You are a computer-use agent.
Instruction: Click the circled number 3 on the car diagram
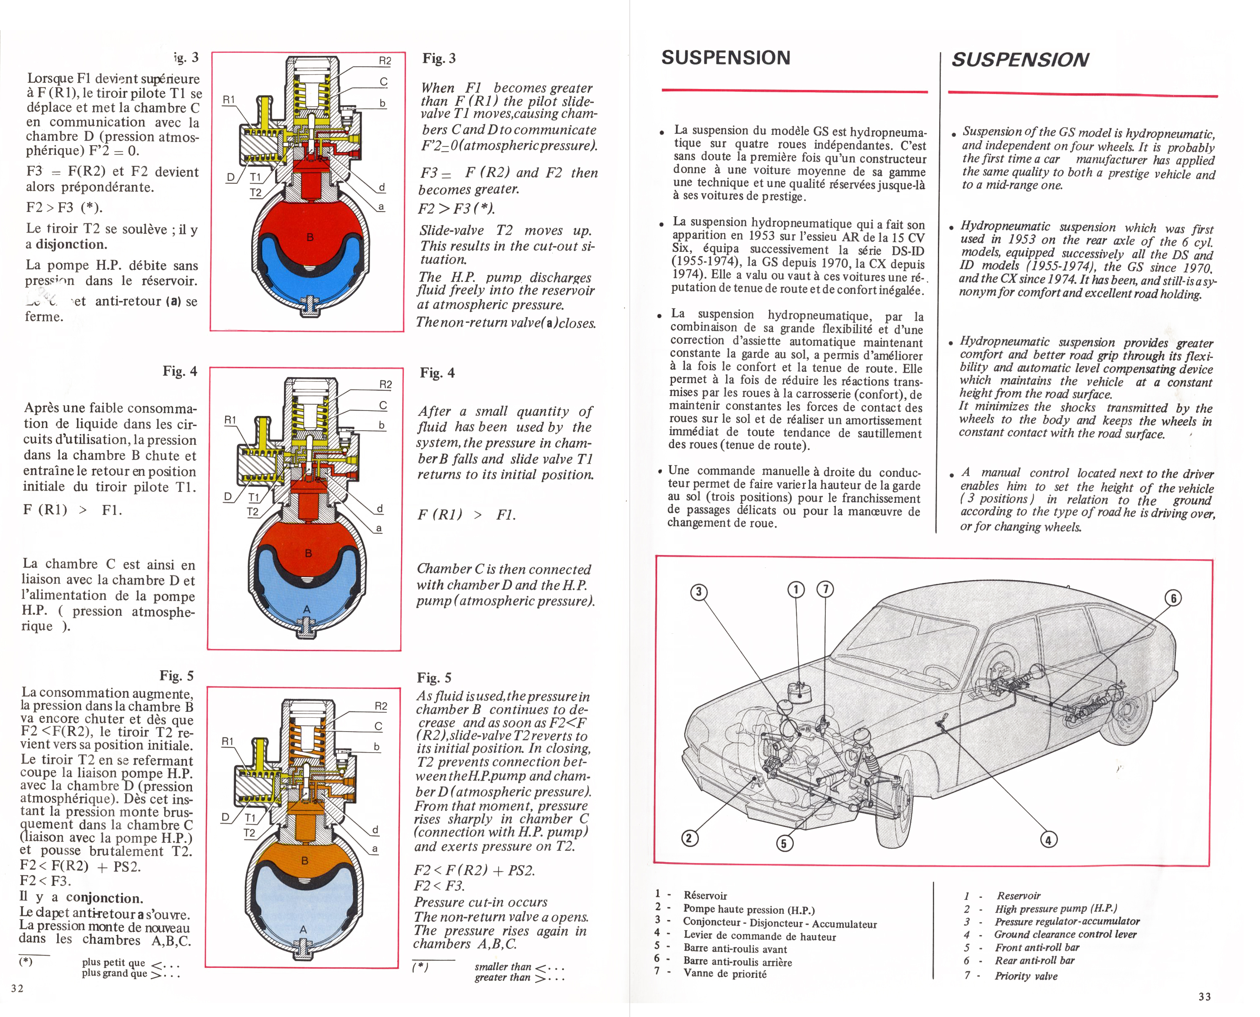click(698, 592)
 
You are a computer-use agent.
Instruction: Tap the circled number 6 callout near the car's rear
click(1173, 598)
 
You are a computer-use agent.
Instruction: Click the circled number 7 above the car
click(825, 589)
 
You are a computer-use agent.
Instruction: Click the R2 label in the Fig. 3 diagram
click(384, 61)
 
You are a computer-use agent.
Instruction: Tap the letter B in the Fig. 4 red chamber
click(309, 554)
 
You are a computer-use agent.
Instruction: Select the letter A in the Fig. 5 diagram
click(303, 929)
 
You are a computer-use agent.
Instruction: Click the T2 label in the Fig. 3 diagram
click(255, 192)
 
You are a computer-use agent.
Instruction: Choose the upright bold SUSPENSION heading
click(725, 58)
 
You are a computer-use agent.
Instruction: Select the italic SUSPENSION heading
click(1020, 60)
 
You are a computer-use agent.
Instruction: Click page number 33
click(1204, 996)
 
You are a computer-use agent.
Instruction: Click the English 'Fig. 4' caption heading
click(437, 373)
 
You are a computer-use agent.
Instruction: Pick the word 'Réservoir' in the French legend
click(705, 895)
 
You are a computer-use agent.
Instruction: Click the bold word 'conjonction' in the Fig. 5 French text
click(104, 898)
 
